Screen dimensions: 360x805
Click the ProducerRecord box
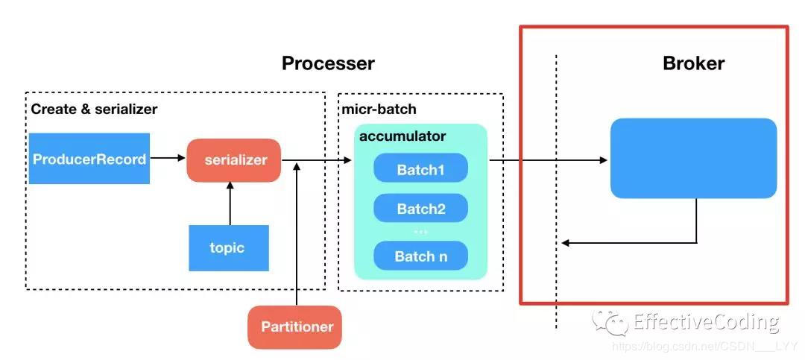coord(89,158)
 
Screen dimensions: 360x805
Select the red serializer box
coord(233,160)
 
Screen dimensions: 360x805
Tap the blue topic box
coord(228,247)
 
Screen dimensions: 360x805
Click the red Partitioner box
coord(294,326)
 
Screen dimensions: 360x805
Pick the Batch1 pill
coord(420,169)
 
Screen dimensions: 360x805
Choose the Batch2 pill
coord(420,209)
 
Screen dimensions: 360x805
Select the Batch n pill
coord(420,256)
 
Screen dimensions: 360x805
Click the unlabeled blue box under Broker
coord(693,158)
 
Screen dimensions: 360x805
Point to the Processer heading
coord(328,63)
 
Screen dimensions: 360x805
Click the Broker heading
coord(693,63)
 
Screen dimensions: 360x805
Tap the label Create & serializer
coord(94,109)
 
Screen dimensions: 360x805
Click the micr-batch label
coord(379,109)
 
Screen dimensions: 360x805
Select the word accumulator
coord(402,136)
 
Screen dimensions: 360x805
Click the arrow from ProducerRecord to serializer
coord(168,158)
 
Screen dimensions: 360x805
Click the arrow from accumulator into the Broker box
coord(548,160)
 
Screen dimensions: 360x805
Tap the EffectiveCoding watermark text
coord(705,322)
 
